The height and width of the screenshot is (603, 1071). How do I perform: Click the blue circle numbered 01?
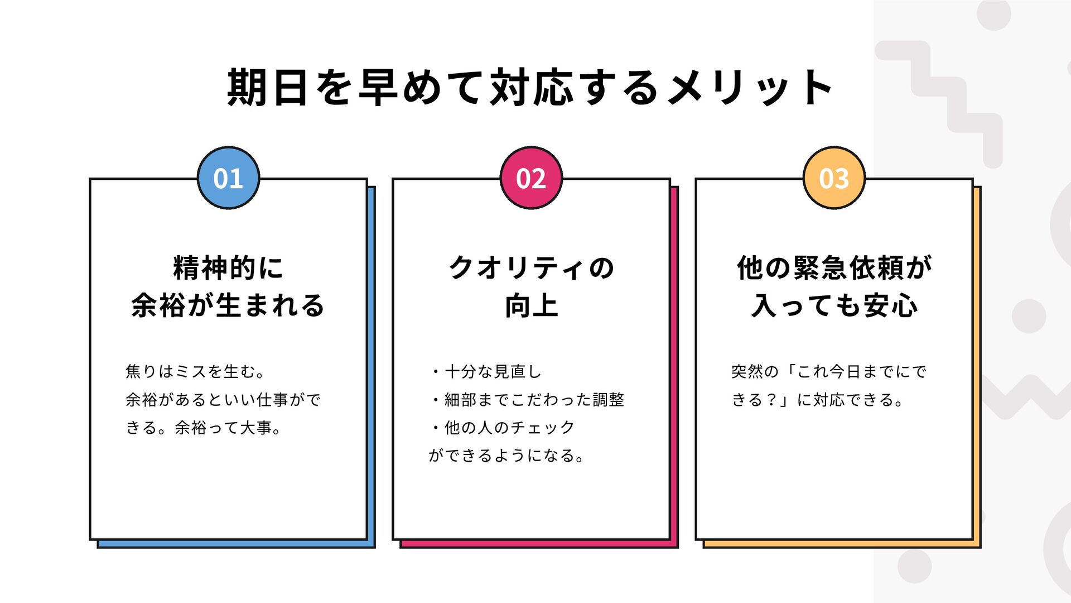click(x=228, y=178)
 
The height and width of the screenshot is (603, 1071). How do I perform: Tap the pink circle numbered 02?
click(x=531, y=178)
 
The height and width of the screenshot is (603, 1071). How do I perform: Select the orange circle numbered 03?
click(x=834, y=178)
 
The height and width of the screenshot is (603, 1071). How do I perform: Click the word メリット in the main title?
click(x=750, y=88)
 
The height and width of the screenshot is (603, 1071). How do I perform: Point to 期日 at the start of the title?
click(x=267, y=88)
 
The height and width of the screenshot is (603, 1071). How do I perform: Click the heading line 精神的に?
click(x=228, y=268)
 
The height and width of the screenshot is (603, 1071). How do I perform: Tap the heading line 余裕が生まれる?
click(x=228, y=305)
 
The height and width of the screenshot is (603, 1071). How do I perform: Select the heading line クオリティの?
click(x=531, y=268)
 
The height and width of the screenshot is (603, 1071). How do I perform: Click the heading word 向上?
click(x=531, y=305)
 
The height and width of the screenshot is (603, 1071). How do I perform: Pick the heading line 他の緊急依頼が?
click(x=834, y=268)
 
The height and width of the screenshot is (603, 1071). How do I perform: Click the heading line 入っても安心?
click(x=834, y=305)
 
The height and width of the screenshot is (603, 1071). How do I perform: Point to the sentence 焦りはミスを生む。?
click(x=196, y=371)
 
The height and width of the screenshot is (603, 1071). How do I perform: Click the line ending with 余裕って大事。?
click(x=204, y=428)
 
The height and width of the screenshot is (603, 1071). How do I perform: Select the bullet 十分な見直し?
click(x=486, y=371)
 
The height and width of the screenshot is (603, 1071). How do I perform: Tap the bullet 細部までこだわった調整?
click(x=527, y=400)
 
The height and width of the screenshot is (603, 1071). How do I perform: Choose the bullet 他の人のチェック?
click(x=503, y=428)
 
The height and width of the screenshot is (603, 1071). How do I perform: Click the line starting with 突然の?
click(x=829, y=371)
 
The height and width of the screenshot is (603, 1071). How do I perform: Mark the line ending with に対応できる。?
click(x=818, y=400)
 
